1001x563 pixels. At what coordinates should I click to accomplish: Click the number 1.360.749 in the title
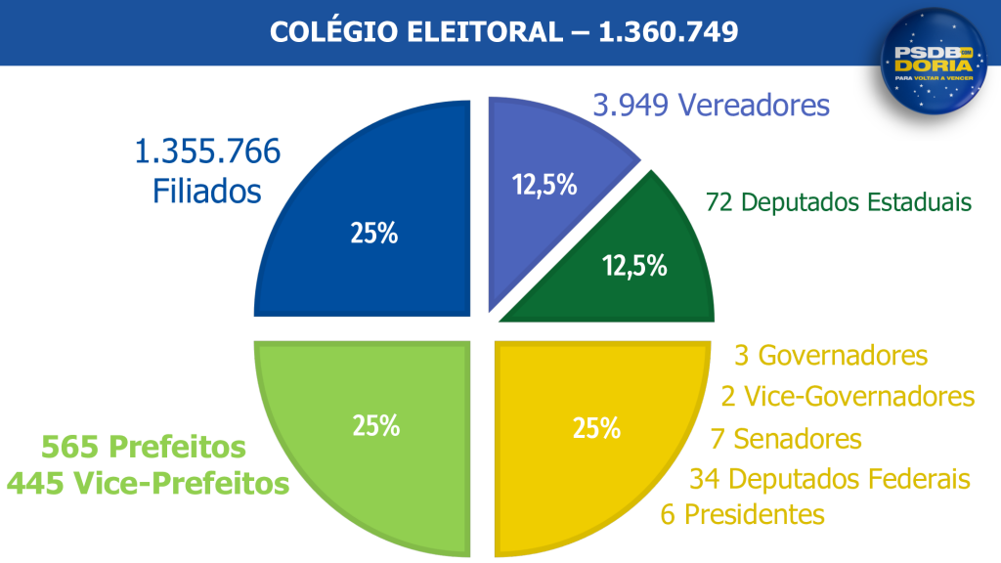coord(668,32)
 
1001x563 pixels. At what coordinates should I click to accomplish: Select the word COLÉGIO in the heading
coord(322,32)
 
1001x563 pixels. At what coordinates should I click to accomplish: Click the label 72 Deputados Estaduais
coord(839,202)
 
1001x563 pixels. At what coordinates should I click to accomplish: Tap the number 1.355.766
coord(207,152)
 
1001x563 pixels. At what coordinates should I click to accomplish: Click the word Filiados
coord(207,191)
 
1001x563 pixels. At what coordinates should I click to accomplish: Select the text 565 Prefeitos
coord(143,448)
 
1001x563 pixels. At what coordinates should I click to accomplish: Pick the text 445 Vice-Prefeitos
coord(148,483)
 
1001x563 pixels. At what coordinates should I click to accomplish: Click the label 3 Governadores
coord(830,355)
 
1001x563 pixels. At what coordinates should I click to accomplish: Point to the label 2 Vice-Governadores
coord(848,396)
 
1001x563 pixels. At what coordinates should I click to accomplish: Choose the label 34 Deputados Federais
coord(830,479)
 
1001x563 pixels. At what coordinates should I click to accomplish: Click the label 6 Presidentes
coord(743,514)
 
